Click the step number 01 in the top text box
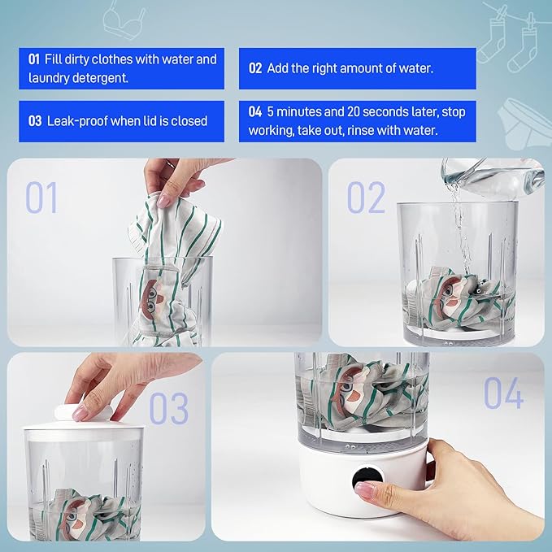coord(33,59)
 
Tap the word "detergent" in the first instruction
coord(102,79)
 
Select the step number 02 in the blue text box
coord(255,68)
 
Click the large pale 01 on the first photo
coord(42,198)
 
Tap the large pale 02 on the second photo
coord(366,198)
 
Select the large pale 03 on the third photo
coord(168,409)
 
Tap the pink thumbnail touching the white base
coord(365,490)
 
